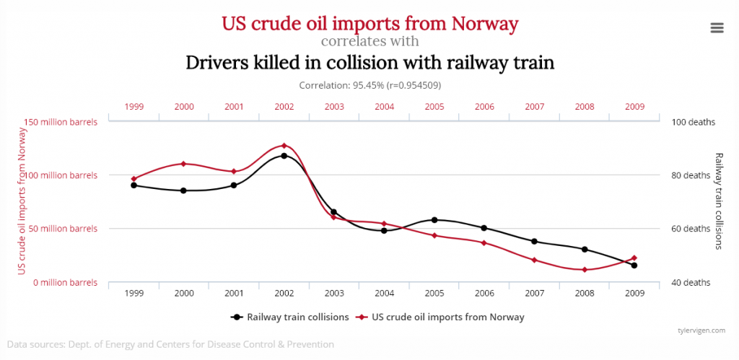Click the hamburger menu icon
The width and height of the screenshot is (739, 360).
[x=717, y=27]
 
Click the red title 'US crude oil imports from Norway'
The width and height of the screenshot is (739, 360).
[x=369, y=23]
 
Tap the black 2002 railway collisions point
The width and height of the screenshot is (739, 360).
[x=284, y=156]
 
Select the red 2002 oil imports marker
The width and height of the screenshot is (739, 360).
[x=284, y=146]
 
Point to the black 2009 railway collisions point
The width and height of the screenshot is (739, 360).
[x=634, y=265]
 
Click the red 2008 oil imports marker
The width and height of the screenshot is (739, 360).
[x=584, y=270]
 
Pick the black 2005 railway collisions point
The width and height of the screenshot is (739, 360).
[x=434, y=220]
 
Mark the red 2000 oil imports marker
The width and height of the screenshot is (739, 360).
[x=183, y=164]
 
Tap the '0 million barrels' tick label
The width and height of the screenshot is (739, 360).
[x=66, y=282]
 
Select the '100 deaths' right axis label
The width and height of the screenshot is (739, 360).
[x=694, y=122]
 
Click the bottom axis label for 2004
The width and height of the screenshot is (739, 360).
[x=384, y=294]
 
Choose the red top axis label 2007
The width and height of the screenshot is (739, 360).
[x=534, y=107]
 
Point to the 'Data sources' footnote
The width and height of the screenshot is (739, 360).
[x=170, y=345]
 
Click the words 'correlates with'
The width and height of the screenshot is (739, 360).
[x=369, y=40]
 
